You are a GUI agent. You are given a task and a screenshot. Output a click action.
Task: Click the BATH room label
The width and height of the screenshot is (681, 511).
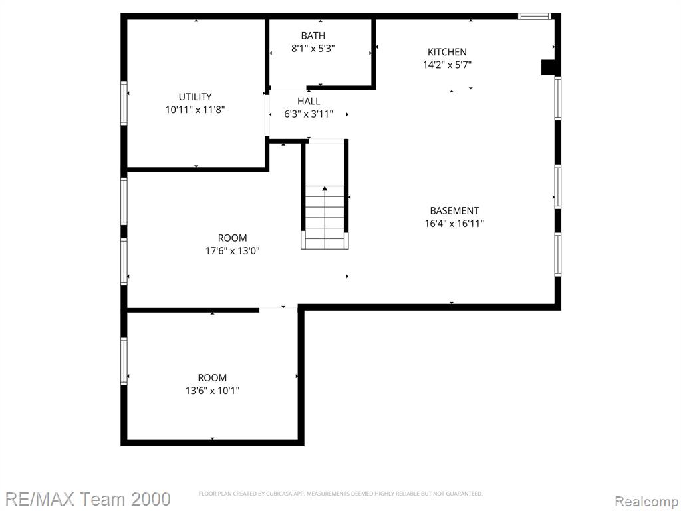tap(313, 35)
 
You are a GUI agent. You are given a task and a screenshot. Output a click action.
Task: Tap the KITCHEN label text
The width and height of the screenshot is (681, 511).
tap(447, 52)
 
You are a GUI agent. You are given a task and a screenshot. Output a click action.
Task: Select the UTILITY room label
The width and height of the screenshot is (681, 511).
tap(195, 97)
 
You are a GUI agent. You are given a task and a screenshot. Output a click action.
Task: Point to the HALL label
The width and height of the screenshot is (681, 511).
tap(309, 101)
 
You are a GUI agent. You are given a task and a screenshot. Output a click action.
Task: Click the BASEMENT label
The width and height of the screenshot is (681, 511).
tap(454, 211)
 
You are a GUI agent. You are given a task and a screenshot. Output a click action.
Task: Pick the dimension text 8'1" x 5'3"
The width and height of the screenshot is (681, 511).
tap(313, 48)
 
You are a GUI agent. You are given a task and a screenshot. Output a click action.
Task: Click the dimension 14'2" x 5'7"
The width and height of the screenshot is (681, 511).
tap(448, 65)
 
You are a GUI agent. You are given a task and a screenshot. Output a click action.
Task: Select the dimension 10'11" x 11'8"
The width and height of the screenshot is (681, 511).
tap(195, 110)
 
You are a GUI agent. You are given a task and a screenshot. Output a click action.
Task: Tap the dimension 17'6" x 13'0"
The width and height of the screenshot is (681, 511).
tap(232, 251)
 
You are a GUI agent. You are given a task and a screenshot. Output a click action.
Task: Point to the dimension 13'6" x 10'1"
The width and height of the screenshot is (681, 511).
tap(212, 391)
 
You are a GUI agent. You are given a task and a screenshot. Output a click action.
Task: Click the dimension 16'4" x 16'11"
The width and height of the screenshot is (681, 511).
tap(454, 224)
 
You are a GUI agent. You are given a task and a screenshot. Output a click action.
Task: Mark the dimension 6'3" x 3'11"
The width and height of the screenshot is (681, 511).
tap(309, 114)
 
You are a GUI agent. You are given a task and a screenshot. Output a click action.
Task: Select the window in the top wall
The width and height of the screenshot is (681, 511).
tap(534, 17)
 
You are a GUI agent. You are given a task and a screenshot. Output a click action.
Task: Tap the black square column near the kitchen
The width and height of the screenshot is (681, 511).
tap(547, 67)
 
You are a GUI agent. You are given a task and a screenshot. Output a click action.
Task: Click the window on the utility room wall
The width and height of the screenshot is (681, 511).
tap(124, 103)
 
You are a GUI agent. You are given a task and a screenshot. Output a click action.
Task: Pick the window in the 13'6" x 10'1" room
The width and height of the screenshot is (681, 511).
tap(124, 361)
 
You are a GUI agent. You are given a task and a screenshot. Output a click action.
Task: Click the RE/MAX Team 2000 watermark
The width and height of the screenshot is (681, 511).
tap(88, 499)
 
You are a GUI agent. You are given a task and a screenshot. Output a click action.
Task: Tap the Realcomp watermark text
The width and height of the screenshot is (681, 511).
tap(646, 501)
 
